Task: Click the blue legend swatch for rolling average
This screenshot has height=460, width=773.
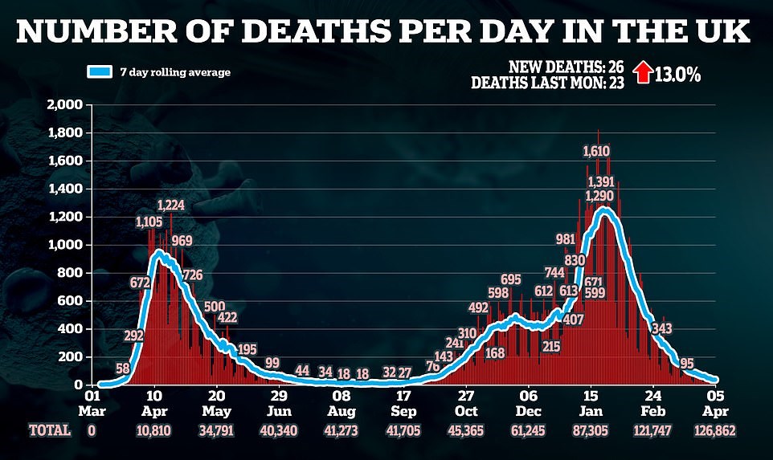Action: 99,72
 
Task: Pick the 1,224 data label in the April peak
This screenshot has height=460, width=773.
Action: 171,206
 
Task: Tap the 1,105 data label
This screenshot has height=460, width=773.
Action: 149,222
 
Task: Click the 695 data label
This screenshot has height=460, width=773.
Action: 510,279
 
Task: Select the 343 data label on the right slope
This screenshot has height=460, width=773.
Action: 662,328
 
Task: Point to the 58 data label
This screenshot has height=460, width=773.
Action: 123,368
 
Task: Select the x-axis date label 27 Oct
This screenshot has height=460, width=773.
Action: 466,402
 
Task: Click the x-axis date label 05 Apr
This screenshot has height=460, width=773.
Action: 716,402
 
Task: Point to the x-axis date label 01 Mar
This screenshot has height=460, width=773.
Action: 92,402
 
